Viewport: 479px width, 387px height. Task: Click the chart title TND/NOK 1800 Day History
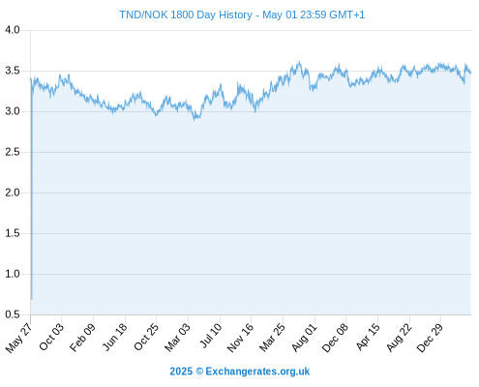click(186, 15)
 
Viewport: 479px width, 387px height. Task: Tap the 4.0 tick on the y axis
click(13, 30)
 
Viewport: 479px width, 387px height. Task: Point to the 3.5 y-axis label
click(13, 71)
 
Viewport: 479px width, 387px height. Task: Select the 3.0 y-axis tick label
click(13, 111)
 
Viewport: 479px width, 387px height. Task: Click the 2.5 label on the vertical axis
click(13, 152)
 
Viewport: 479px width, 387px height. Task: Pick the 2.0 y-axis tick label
click(13, 193)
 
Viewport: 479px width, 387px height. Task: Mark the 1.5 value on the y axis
click(13, 233)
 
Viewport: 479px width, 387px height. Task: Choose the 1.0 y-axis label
click(13, 274)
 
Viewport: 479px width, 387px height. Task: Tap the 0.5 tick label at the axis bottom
click(13, 314)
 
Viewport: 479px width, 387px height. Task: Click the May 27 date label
click(19, 338)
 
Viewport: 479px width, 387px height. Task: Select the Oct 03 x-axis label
click(51, 337)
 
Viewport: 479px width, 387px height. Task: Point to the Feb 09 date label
click(83, 338)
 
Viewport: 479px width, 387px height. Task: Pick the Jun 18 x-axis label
click(115, 337)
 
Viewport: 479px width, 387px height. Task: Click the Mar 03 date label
click(177, 338)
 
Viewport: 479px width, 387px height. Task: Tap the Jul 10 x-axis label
click(211, 336)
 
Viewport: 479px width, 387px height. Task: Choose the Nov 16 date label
click(240, 338)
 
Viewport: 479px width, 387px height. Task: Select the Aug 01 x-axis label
click(305, 338)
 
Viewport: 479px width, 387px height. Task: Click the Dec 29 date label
click(430, 338)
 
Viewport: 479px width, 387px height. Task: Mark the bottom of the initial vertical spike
click(31, 299)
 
